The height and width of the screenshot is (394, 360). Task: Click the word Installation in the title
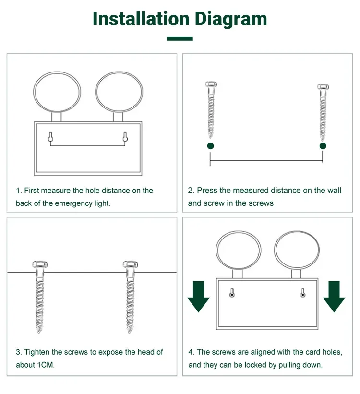(x=141, y=19)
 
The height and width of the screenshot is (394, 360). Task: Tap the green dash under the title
(x=180, y=39)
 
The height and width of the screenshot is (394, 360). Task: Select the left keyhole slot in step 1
(x=50, y=137)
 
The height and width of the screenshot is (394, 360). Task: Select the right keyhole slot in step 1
(x=125, y=137)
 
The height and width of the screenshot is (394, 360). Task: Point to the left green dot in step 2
(x=211, y=146)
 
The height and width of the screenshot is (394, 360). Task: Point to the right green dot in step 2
(x=323, y=146)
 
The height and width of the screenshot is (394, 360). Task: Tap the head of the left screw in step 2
(x=211, y=84)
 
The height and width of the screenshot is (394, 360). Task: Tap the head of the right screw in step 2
(x=323, y=87)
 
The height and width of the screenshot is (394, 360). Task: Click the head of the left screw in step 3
(x=40, y=264)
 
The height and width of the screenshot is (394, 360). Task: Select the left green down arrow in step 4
(x=199, y=297)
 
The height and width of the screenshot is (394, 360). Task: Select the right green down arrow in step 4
(x=334, y=297)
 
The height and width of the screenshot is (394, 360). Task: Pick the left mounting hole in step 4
(x=232, y=293)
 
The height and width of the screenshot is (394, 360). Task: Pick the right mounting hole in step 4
(x=303, y=293)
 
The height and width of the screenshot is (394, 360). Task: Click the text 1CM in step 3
(x=46, y=365)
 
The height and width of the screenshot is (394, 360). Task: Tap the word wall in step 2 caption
(x=334, y=190)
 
